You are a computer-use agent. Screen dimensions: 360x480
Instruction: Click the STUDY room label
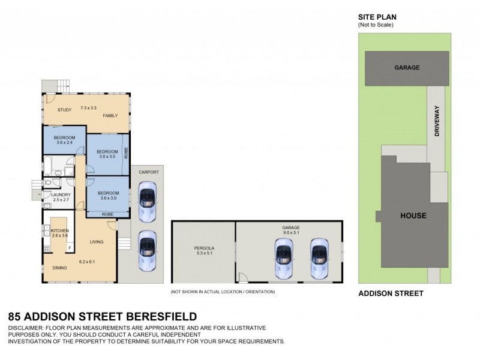[x=65, y=110]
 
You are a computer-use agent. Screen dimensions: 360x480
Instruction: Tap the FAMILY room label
[x=110, y=115]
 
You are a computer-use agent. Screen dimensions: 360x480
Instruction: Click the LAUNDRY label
[x=61, y=194]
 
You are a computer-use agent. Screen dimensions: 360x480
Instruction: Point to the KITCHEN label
[x=59, y=230]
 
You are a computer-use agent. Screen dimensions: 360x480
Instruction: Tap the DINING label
[x=59, y=268]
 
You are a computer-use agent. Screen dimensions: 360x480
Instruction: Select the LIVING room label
[x=97, y=242]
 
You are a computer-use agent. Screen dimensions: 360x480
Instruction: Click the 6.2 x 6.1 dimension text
[x=87, y=262]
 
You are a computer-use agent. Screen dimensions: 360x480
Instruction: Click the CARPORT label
[x=149, y=172]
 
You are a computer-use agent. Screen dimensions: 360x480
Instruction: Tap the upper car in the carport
[x=146, y=197]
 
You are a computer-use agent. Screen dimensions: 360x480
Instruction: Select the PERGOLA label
[x=203, y=248]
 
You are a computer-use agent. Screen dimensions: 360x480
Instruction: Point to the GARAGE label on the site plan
[x=406, y=68]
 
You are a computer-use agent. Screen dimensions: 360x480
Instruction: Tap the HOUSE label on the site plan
[x=413, y=215]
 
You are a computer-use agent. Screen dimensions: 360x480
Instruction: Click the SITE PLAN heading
[x=377, y=17]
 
